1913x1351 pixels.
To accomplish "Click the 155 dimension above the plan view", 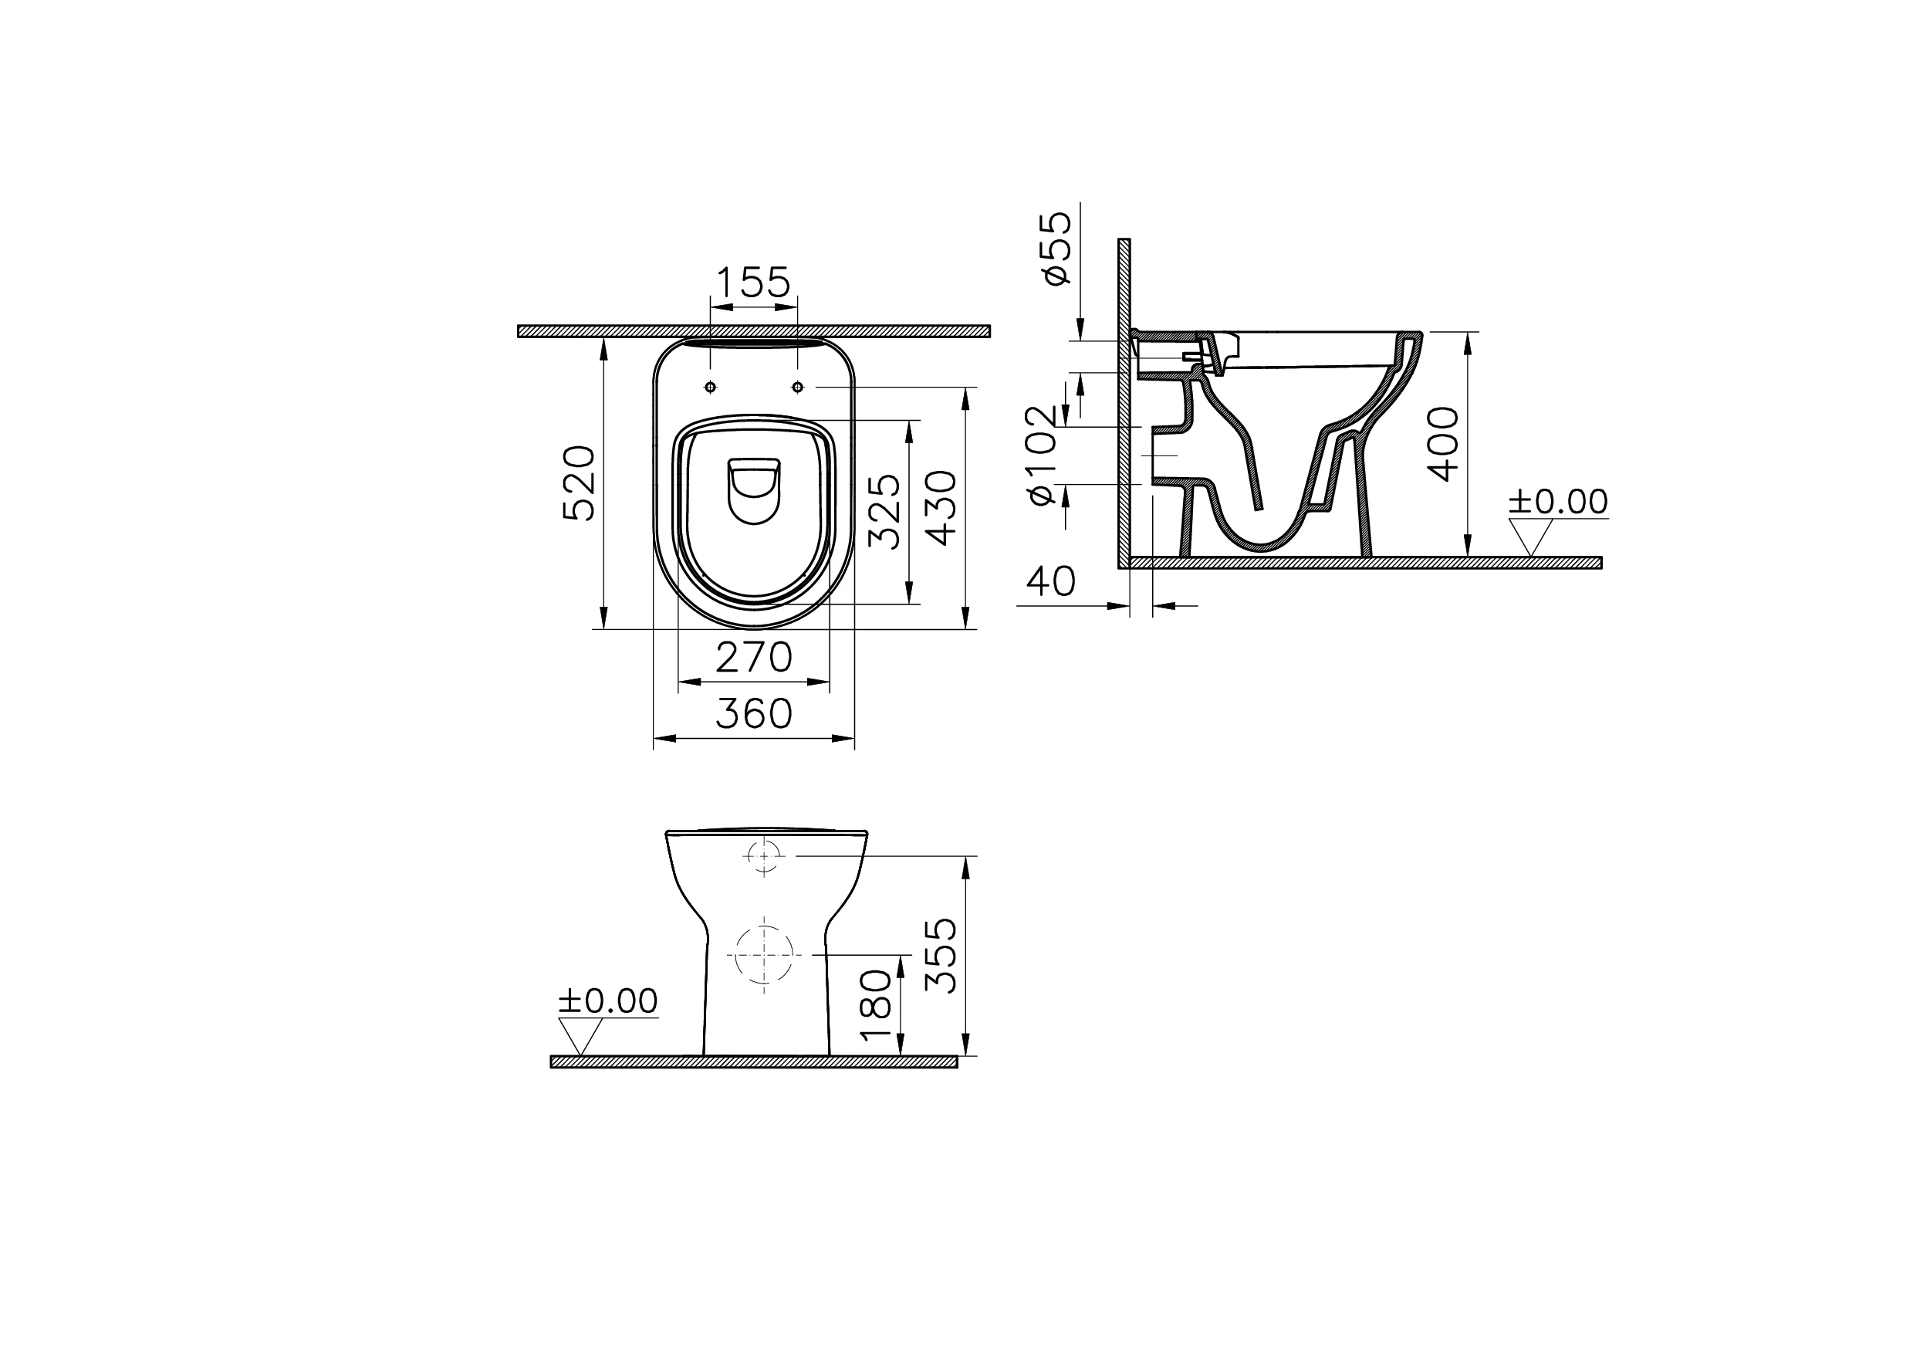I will (752, 283).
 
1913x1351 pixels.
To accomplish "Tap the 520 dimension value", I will (580, 483).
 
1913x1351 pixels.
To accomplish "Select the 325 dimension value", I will (884, 511).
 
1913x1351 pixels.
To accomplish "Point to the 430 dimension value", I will (942, 509).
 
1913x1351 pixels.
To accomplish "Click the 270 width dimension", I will (753, 658).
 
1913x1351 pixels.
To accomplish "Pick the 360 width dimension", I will (753, 713).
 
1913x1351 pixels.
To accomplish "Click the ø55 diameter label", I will (1056, 248).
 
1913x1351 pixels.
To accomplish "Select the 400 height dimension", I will (1443, 443).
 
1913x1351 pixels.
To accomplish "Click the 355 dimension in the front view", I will (941, 955).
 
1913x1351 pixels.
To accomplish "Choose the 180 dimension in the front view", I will (877, 1005).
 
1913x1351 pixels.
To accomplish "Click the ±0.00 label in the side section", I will (1558, 502).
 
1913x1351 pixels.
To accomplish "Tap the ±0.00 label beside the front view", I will (607, 1001).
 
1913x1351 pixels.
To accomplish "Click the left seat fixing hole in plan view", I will (710, 387).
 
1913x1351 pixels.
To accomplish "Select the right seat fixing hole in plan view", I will (797, 387).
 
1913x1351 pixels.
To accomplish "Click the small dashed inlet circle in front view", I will (763, 856).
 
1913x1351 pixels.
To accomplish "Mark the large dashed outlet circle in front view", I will (763, 954).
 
